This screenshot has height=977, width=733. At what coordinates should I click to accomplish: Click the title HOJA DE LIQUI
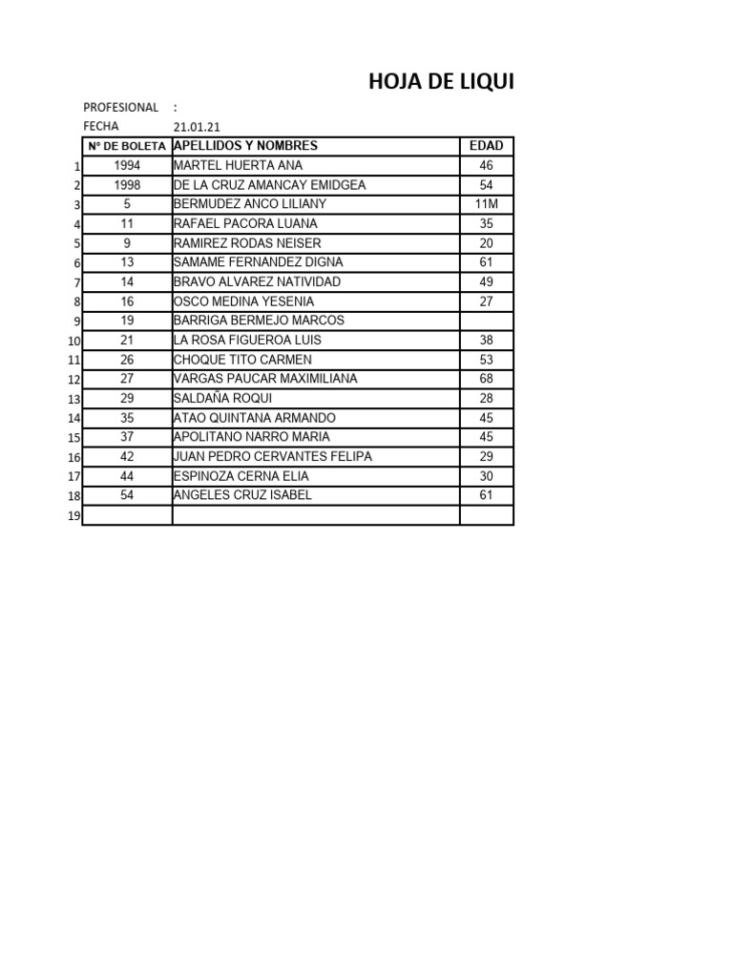tap(441, 83)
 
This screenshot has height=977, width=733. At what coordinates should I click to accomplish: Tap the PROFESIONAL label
tap(120, 108)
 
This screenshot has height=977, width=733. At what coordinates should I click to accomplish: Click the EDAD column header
tap(486, 146)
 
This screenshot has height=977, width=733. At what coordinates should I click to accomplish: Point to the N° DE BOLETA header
tap(127, 146)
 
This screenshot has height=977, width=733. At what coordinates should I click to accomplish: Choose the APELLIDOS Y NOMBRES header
tap(245, 146)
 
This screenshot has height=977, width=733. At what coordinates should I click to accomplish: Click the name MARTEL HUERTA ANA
tap(238, 165)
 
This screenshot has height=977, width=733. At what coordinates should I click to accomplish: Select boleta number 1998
tap(127, 185)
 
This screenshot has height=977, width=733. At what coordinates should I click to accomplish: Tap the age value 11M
tap(486, 204)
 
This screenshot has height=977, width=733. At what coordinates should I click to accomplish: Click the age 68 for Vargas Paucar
tap(486, 379)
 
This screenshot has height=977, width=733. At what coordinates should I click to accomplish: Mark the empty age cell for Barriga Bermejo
tap(486, 321)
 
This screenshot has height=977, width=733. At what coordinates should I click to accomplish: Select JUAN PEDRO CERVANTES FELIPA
tap(272, 456)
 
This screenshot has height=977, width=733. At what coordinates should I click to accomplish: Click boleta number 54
tap(127, 495)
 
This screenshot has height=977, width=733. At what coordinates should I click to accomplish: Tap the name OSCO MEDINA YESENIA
tap(243, 301)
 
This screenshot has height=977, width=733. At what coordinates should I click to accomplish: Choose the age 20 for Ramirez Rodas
tap(486, 243)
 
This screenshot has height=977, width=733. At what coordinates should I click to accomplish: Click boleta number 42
tap(127, 456)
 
